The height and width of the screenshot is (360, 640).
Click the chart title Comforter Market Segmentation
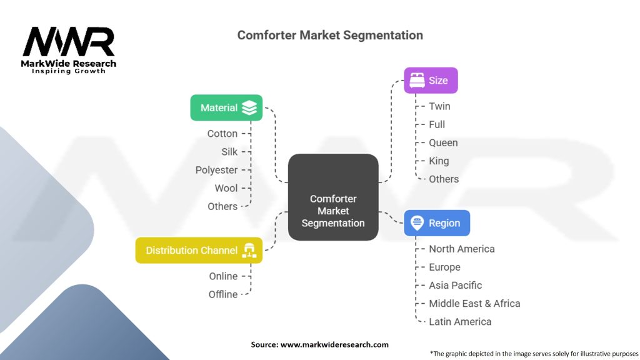(x=330, y=35)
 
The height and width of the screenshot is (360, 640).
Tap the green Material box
(x=226, y=108)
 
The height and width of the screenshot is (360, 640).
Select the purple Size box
(x=431, y=81)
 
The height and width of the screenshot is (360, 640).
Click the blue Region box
(x=437, y=223)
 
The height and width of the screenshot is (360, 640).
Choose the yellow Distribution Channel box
(x=199, y=251)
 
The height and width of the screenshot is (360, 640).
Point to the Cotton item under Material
(x=222, y=134)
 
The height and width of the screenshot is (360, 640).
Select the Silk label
(x=229, y=152)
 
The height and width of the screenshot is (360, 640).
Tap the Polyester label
(x=216, y=170)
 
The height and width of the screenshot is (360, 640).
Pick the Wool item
(x=226, y=188)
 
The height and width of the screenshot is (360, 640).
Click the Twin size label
(x=439, y=106)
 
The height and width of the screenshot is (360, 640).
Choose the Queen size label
(x=443, y=142)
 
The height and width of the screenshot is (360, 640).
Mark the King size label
(x=439, y=161)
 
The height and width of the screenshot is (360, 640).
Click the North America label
(x=461, y=249)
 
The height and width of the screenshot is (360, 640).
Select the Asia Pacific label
(x=455, y=285)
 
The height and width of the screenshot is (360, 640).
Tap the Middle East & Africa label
(x=474, y=303)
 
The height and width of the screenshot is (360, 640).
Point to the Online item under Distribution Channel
(x=223, y=276)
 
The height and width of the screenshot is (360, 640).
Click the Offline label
(x=223, y=294)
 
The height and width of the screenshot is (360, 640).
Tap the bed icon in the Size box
(x=417, y=81)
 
